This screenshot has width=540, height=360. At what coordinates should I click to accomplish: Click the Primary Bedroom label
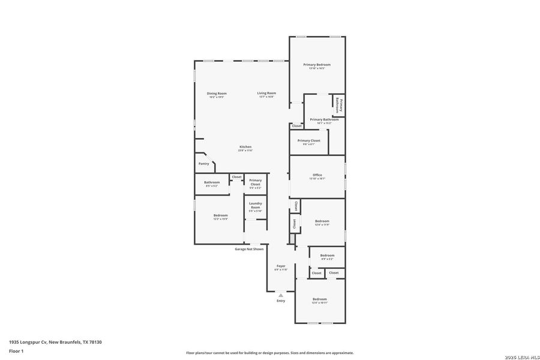point(317,65)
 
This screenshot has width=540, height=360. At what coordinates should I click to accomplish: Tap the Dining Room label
point(217,94)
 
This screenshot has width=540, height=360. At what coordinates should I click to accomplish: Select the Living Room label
point(266,94)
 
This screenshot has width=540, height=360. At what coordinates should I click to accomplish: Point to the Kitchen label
point(245,147)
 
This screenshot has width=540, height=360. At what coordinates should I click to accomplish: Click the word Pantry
point(204,164)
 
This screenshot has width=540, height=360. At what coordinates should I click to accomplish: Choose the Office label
point(317,175)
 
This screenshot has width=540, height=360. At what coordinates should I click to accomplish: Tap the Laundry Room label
point(256,205)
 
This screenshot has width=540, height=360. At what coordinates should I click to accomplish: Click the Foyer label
point(281,266)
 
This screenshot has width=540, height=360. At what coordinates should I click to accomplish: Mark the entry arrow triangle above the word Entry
point(281,295)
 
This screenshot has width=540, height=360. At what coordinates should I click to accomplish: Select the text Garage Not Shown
point(249,249)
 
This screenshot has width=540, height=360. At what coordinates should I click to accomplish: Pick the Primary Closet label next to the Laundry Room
point(256,181)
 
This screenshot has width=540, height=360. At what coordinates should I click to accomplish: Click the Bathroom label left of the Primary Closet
point(212,182)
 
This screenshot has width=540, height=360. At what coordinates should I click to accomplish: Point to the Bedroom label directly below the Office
point(322,221)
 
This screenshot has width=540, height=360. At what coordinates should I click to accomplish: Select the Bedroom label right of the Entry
point(319,299)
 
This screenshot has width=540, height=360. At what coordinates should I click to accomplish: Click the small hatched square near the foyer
point(292,239)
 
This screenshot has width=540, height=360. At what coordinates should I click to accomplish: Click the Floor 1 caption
point(16,351)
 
